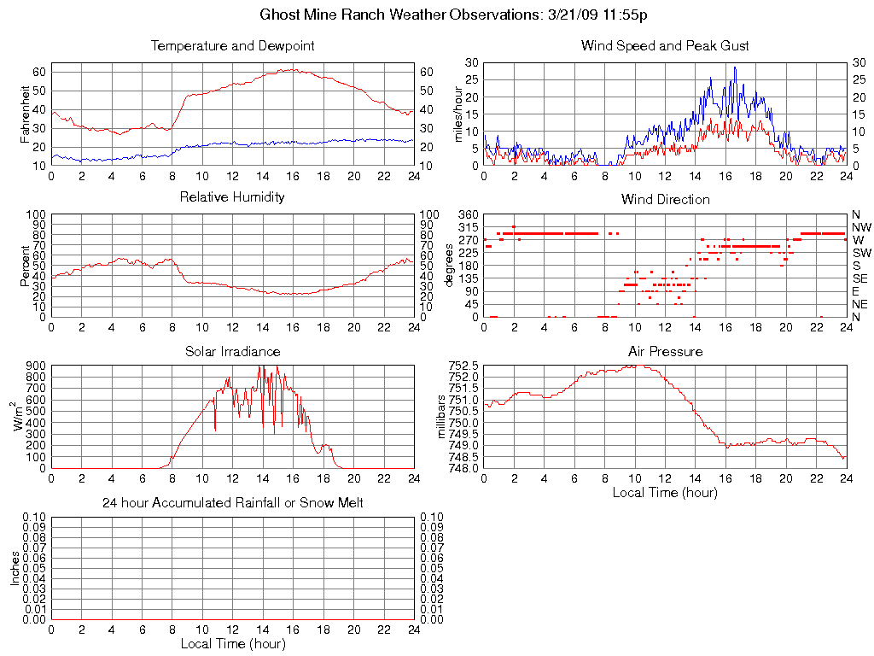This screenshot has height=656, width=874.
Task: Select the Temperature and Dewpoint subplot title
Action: click(x=232, y=46)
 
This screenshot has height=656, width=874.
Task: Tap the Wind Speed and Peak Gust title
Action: click(x=665, y=46)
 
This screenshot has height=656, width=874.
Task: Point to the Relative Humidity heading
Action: click(x=232, y=197)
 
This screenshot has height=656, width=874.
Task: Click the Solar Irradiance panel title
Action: click(x=232, y=352)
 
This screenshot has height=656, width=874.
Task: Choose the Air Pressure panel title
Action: click(x=665, y=352)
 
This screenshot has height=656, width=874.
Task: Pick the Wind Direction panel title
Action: click(x=665, y=200)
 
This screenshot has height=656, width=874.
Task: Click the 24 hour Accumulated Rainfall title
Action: click(x=232, y=503)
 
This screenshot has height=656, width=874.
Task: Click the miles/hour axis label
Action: click(x=457, y=114)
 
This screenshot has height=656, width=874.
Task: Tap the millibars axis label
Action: click(x=442, y=417)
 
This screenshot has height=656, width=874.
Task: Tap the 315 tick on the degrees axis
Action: click(x=469, y=227)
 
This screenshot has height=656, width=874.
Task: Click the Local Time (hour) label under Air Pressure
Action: click(x=665, y=492)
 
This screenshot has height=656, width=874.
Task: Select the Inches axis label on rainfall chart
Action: click(x=15, y=567)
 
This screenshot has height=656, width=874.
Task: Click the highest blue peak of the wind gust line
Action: click(x=734, y=67)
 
